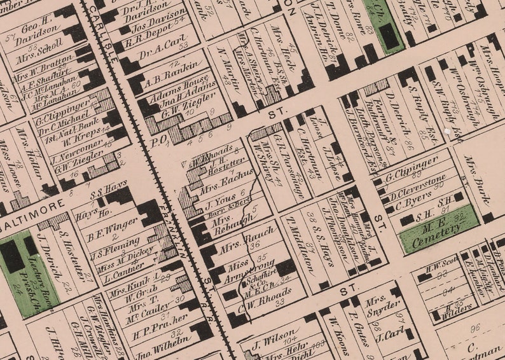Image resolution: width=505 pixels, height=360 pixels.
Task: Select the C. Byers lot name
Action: pos(413,205)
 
